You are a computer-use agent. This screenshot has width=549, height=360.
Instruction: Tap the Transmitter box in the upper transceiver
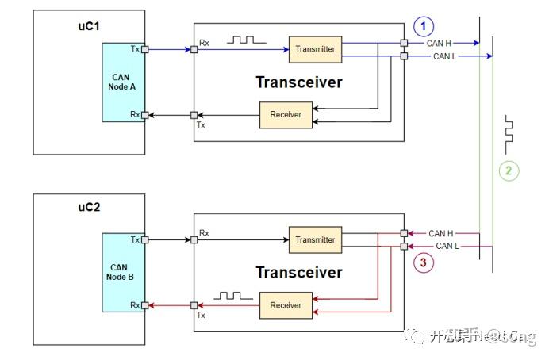(x=315, y=50)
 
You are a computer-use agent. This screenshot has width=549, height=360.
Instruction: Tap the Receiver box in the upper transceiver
(x=286, y=115)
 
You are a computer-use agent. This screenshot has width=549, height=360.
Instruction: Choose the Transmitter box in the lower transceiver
(x=315, y=239)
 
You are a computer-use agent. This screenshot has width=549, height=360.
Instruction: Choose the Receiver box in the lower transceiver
(x=286, y=304)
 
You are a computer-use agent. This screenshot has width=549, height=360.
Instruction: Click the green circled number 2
(x=509, y=170)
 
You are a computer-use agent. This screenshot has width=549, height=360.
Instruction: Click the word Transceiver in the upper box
(x=298, y=82)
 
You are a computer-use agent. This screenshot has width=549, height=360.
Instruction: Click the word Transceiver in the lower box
(x=298, y=272)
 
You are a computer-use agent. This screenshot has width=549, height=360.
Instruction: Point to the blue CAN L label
(x=443, y=57)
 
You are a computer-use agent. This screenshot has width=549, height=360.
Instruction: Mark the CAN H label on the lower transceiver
(x=441, y=233)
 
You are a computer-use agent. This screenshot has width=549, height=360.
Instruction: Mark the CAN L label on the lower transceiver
(x=447, y=247)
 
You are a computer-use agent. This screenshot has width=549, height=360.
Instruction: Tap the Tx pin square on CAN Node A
(x=144, y=49)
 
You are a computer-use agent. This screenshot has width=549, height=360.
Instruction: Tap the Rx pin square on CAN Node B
(x=144, y=305)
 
